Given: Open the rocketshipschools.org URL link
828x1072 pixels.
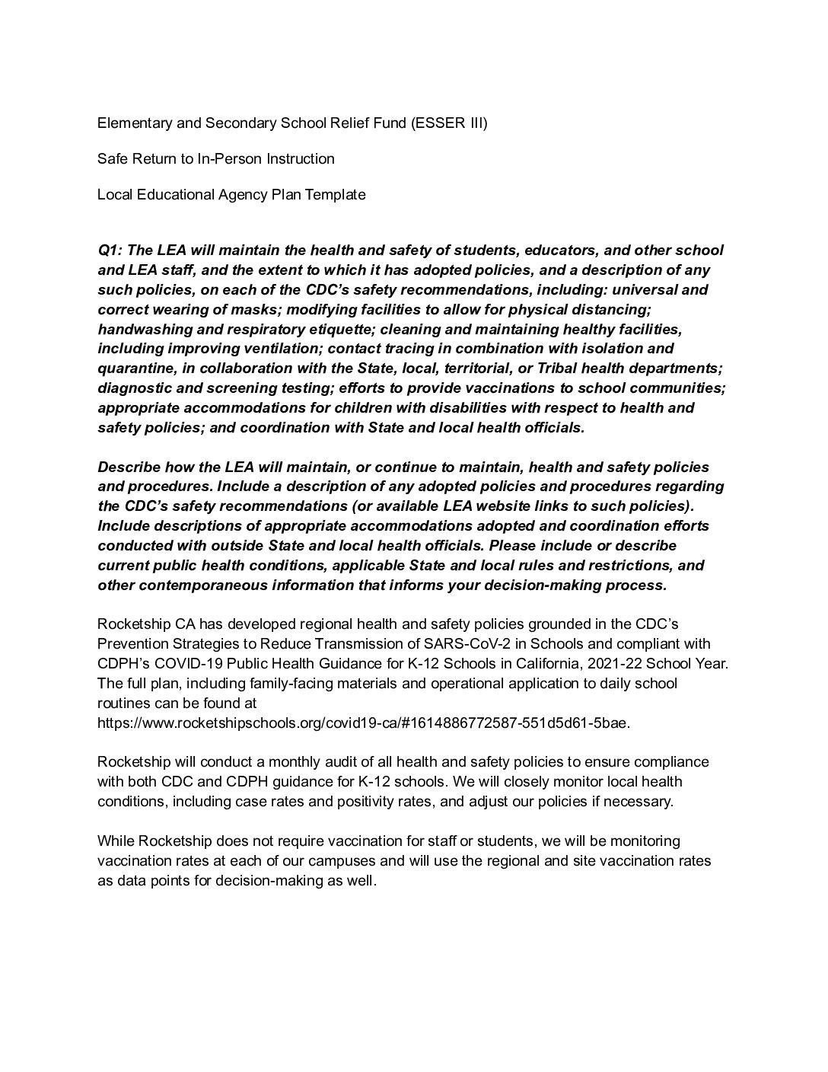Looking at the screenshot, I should (364, 723).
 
